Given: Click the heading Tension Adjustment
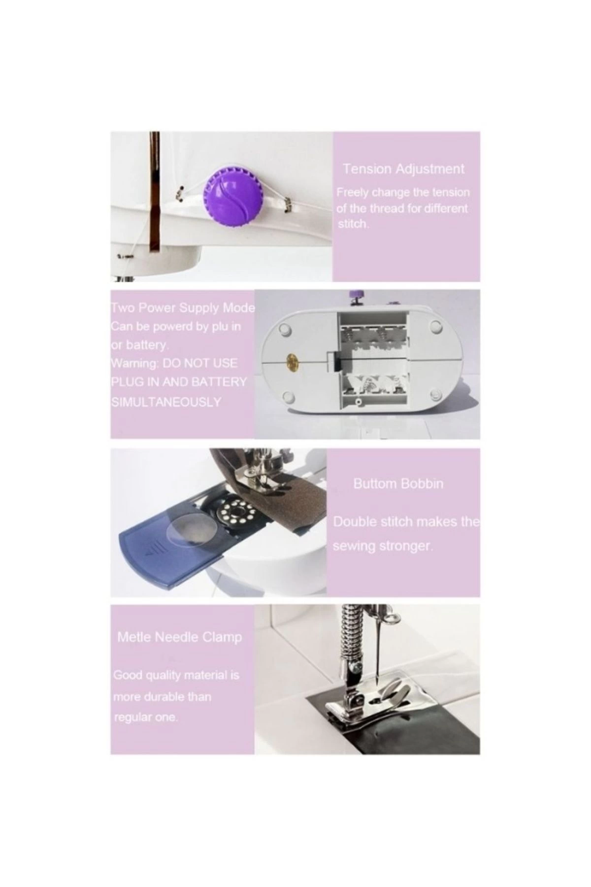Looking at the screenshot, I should pos(403,169).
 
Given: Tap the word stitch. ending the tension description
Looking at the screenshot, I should pos(352,224).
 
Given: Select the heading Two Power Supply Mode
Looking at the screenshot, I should pos(183,308).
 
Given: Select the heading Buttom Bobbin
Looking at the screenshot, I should pos(398,483).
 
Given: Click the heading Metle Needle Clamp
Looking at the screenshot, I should pos(179,637).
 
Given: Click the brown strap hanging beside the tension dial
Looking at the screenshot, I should pos(155,197).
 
